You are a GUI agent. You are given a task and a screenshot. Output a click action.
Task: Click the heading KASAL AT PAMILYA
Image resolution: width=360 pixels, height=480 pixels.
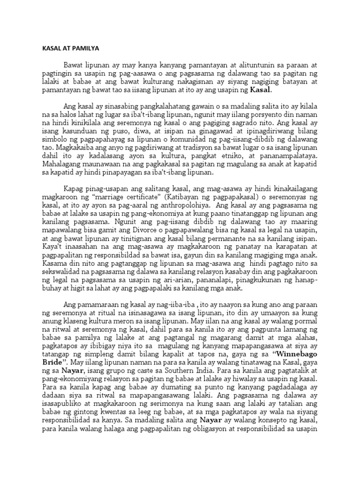point(67,48)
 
